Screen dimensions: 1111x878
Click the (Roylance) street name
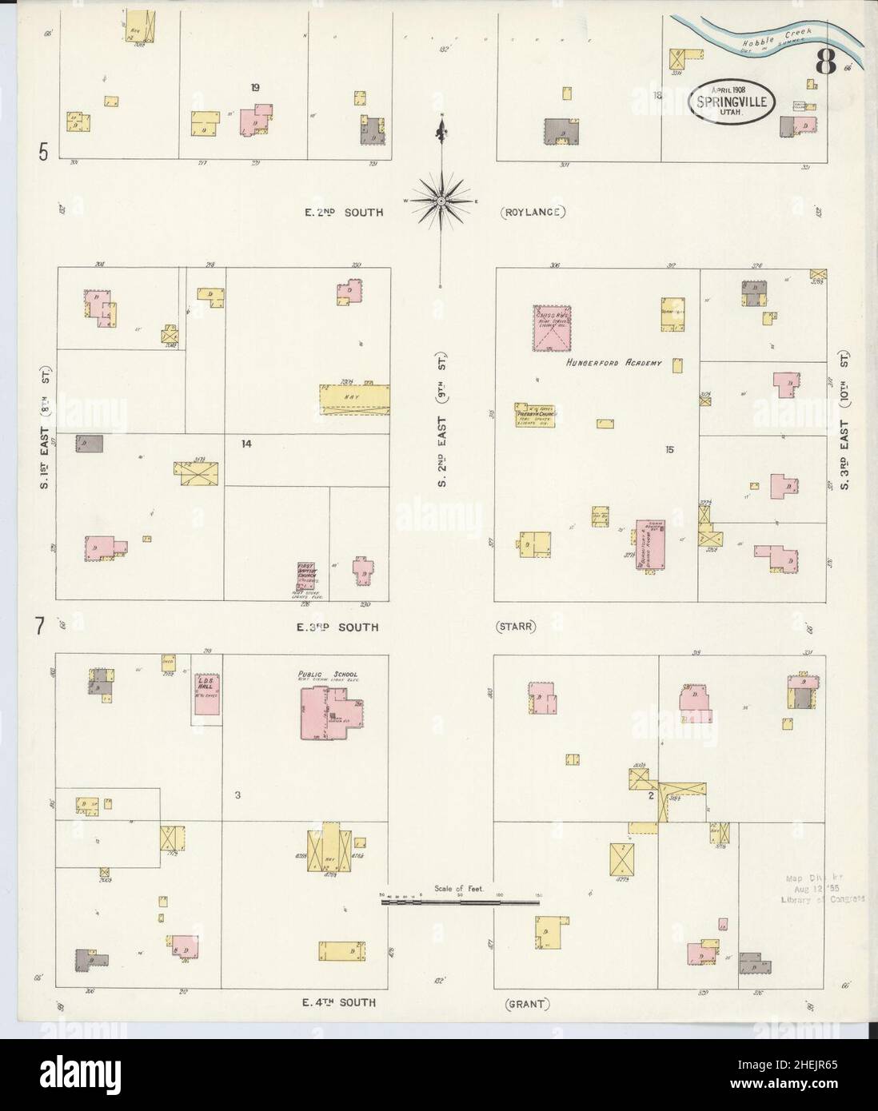click(x=534, y=213)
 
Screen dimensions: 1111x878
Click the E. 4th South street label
click(x=338, y=1002)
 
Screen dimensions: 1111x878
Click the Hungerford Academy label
click(x=613, y=364)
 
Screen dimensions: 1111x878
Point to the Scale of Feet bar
click(x=461, y=902)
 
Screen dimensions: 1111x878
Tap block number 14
click(x=246, y=442)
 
